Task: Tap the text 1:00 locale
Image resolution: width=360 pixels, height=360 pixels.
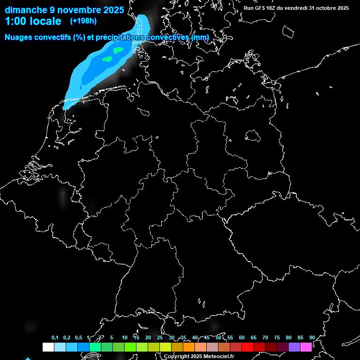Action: [x=33, y=21]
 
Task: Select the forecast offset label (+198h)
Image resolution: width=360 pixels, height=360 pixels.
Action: [x=83, y=21]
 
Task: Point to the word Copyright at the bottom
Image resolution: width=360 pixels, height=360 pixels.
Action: [x=177, y=357]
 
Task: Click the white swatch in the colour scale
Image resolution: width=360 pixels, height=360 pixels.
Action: [x=48, y=347]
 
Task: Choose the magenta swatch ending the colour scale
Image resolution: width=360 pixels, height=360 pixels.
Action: [x=306, y=347]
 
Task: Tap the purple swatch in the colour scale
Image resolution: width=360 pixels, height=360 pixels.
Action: [x=294, y=347]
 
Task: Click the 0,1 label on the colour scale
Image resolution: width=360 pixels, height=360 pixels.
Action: [x=55, y=338]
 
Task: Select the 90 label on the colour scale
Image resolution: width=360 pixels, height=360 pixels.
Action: [x=312, y=338]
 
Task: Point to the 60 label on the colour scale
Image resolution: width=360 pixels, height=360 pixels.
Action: [x=241, y=338]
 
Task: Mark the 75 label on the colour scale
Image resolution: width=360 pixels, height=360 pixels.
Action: [x=277, y=338]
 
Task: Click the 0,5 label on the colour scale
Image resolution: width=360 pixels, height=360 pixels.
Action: [x=78, y=338]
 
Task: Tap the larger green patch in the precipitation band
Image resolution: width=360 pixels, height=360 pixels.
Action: [x=118, y=50]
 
